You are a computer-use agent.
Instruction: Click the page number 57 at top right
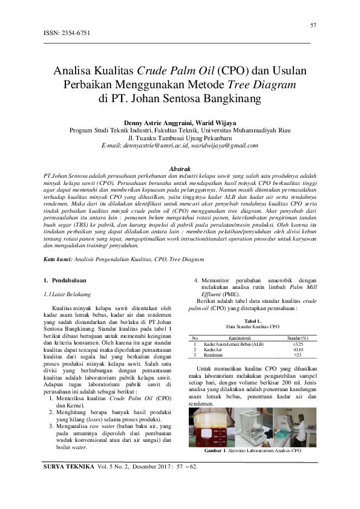coord(313,25)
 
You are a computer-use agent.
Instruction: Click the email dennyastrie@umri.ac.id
coord(160,146)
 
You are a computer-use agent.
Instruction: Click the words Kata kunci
coord(58,258)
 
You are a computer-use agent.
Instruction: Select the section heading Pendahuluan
coord(68,280)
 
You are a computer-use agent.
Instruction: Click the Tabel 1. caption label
coord(253,320)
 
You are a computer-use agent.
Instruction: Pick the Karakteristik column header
coord(232,337)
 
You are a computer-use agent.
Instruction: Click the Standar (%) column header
coord(298,337)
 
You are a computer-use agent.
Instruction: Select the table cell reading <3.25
coord(298,344)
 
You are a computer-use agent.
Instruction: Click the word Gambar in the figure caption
coord(214,451)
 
